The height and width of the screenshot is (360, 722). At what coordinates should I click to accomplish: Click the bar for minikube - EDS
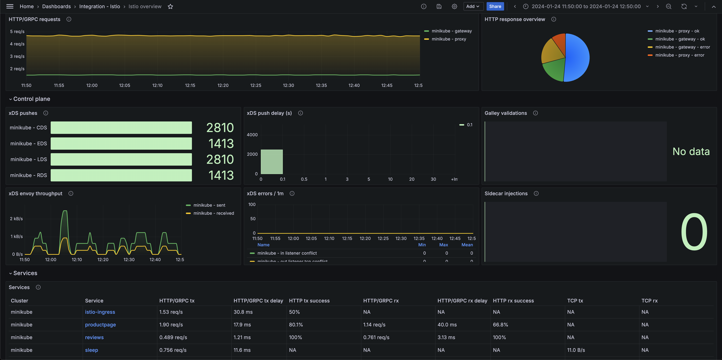[121, 143]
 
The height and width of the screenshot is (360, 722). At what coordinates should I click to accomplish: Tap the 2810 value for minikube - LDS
[220, 159]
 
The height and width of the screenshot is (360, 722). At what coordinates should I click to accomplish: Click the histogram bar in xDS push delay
[272, 162]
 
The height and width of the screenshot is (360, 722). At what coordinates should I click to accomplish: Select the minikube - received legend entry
[213, 213]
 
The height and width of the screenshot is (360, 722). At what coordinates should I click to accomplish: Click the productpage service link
[100, 325]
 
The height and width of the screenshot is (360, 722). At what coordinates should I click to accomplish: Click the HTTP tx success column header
[309, 301]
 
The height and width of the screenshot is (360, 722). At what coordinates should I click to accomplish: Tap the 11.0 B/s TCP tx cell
[576, 350]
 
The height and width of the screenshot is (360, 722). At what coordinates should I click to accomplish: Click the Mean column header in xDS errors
[467, 245]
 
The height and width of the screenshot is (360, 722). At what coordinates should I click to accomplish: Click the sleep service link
[91, 350]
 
